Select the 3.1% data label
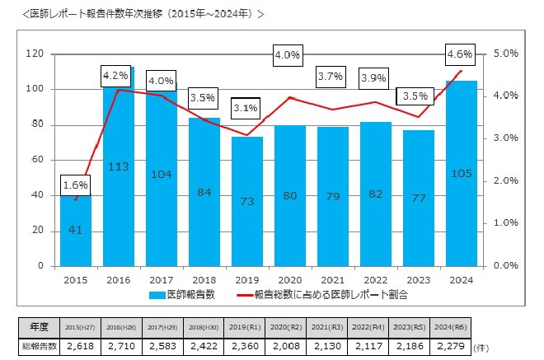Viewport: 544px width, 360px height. coord(245,108)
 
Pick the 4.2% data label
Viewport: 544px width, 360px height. coord(115,76)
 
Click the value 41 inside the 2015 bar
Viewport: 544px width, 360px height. coord(75,230)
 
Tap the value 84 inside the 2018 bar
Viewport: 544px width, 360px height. coord(203,192)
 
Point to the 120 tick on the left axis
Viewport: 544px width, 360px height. coord(34,54)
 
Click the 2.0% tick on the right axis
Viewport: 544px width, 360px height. coord(504,180)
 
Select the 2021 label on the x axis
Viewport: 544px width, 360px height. coord(332,279)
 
